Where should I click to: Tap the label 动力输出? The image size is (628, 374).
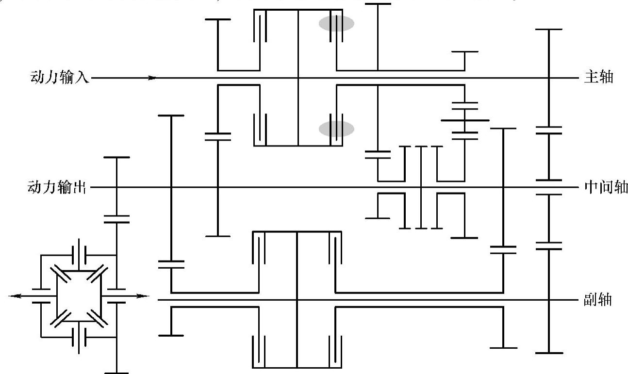[x=57, y=187]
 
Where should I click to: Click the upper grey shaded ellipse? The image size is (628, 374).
[x=336, y=23]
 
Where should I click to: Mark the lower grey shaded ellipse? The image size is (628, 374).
[x=336, y=129]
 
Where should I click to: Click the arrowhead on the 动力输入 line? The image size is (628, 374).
[x=152, y=78]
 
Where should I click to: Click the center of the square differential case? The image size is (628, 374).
[x=79, y=296]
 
